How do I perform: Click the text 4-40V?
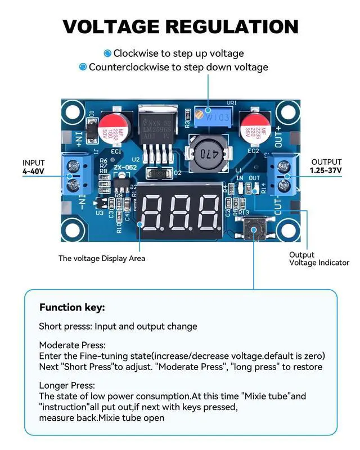(x=34, y=170)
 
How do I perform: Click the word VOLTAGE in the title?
(x=111, y=26)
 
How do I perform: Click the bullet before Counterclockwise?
(x=83, y=67)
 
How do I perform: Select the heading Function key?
(x=72, y=308)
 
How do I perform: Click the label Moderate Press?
(x=72, y=345)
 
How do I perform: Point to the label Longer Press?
(x=67, y=385)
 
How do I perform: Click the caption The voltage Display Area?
(x=102, y=258)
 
